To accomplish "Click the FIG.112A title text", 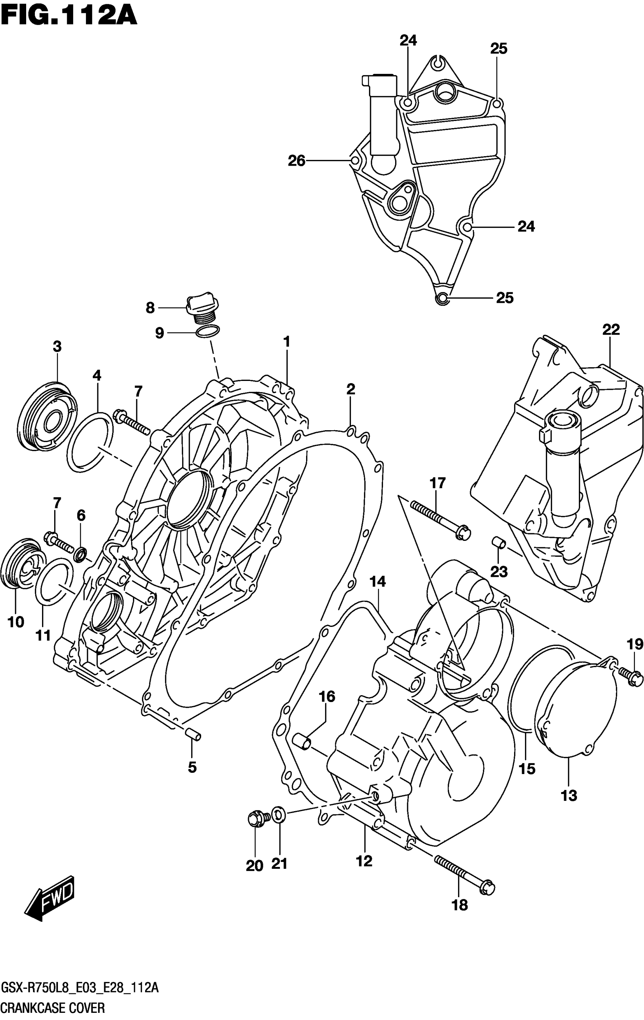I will pyautogui.click(x=69, y=16).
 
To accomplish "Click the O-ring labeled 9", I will pyautogui.click(x=208, y=332).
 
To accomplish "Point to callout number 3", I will pyautogui.click(x=57, y=346).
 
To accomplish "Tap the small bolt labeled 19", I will pyautogui.click(x=630, y=677).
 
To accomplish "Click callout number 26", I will pyautogui.click(x=296, y=161).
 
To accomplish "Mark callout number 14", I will pyautogui.click(x=378, y=582).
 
